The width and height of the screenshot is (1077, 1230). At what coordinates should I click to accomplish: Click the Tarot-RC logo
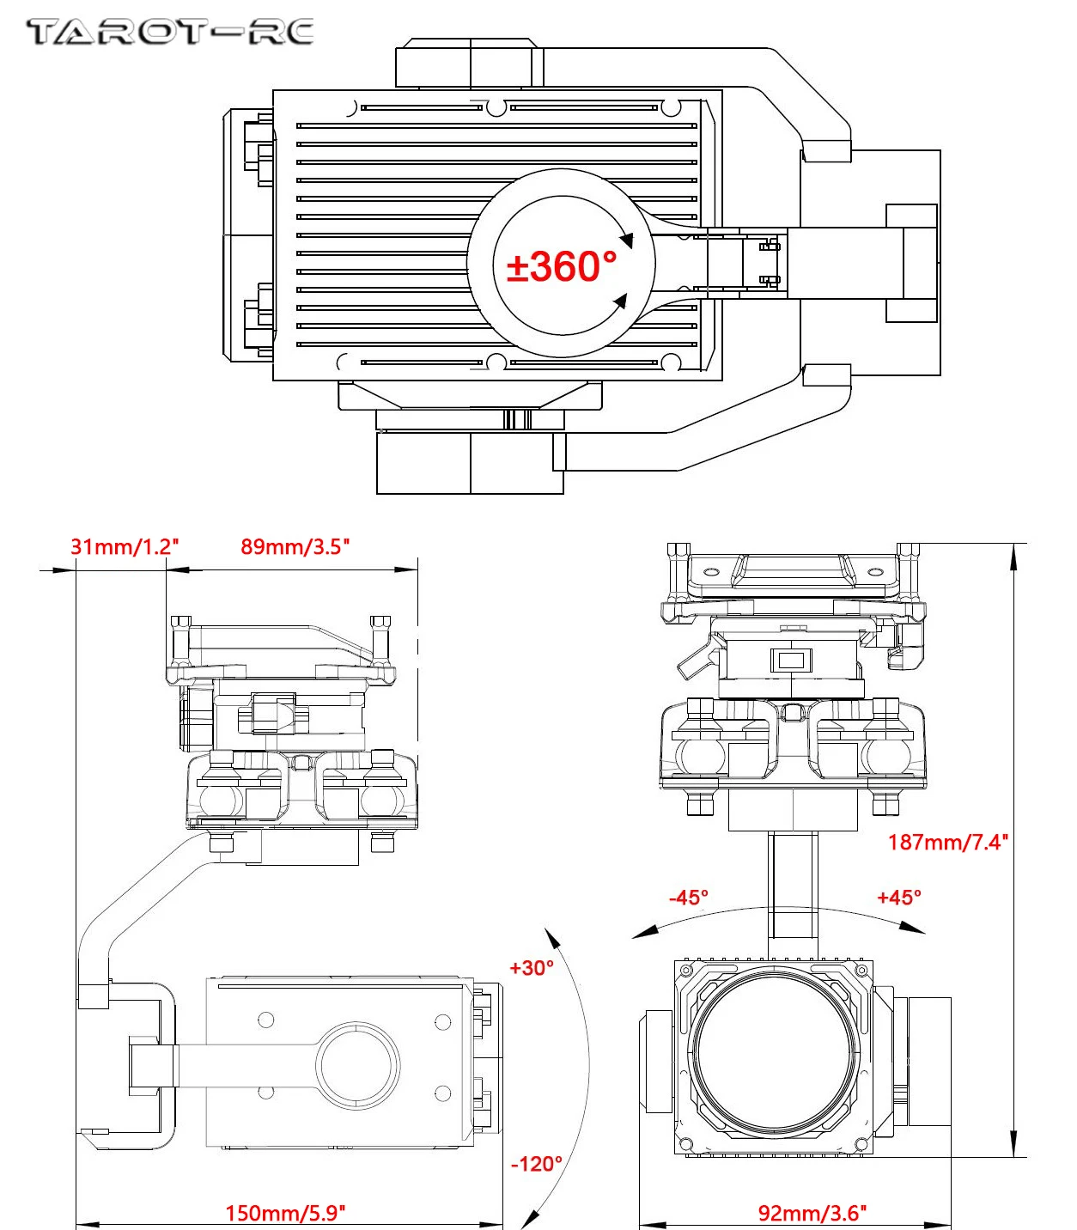[170, 33]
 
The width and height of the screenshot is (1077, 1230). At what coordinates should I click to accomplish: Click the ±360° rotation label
[562, 266]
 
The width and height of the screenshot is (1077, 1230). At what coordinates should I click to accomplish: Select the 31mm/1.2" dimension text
[125, 546]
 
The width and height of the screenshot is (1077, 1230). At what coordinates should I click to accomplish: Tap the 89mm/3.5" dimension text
[295, 546]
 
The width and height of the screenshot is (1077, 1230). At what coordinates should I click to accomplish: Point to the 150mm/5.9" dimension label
[285, 1213]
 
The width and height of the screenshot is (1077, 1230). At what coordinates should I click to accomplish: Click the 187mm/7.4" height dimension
[947, 842]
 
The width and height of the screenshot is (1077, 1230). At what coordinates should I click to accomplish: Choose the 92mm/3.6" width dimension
[812, 1213]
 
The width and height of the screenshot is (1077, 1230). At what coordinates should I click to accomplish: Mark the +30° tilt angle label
[532, 968]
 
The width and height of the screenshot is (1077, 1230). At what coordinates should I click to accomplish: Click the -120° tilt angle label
[537, 1164]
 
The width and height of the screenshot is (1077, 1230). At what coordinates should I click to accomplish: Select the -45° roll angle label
[689, 898]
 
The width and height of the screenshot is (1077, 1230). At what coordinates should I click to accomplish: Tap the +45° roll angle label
[898, 898]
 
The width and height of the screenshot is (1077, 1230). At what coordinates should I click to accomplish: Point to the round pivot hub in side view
[358, 1064]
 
